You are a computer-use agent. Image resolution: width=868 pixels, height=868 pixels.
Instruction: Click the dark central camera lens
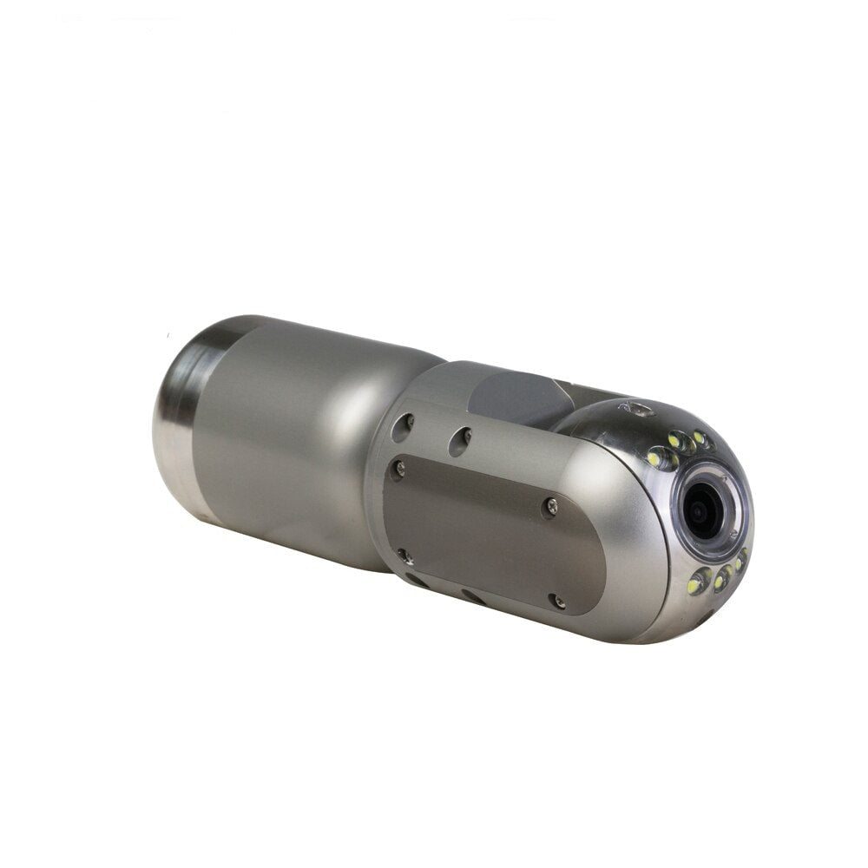click(x=700, y=511)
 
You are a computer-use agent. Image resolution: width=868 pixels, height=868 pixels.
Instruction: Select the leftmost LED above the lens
click(x=654, y=457)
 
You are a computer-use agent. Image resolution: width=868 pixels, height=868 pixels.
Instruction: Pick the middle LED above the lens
click(x=676, y=442)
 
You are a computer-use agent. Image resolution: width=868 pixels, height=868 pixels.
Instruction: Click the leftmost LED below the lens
click(x=695, y=587)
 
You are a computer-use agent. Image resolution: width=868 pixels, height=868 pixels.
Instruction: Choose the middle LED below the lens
click(x=720, y=578)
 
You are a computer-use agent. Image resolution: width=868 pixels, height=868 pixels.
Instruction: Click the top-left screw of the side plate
click(x=398, y=470)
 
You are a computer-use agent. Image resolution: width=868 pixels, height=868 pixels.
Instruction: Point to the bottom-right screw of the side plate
click(x=557, y=600)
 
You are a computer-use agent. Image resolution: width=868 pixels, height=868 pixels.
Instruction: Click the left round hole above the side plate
click(x=402, y=426)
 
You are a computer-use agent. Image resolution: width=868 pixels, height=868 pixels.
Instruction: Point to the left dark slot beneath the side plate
click(x=416, y=580)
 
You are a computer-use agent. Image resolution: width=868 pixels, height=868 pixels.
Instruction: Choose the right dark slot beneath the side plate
click(x=474, y=597)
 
